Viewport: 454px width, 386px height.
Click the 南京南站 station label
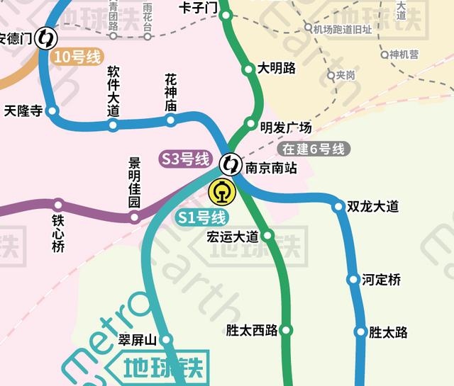click(x=270, y=169)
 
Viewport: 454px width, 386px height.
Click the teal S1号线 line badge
click(x=201, y=217)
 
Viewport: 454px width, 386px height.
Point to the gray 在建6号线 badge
click(x=313, y=149)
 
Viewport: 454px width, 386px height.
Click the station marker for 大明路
click(x=248, y=69)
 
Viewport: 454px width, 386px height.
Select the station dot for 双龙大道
click(x=338, y=207)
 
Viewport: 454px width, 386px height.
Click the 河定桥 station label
click(x=381, y=280)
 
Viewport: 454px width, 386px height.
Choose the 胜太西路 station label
click(x=251, y=330)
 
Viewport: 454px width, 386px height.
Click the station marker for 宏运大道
click(x=267, y=236)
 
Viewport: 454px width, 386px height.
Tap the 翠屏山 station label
click(x=137, y=339)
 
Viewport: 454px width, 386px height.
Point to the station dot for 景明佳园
click(x=135, y=217)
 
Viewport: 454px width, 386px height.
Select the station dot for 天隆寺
click(x=52, y=110)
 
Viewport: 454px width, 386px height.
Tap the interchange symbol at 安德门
click(x=48, y=38)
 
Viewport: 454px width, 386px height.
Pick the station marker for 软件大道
click(x=113, y=125)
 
